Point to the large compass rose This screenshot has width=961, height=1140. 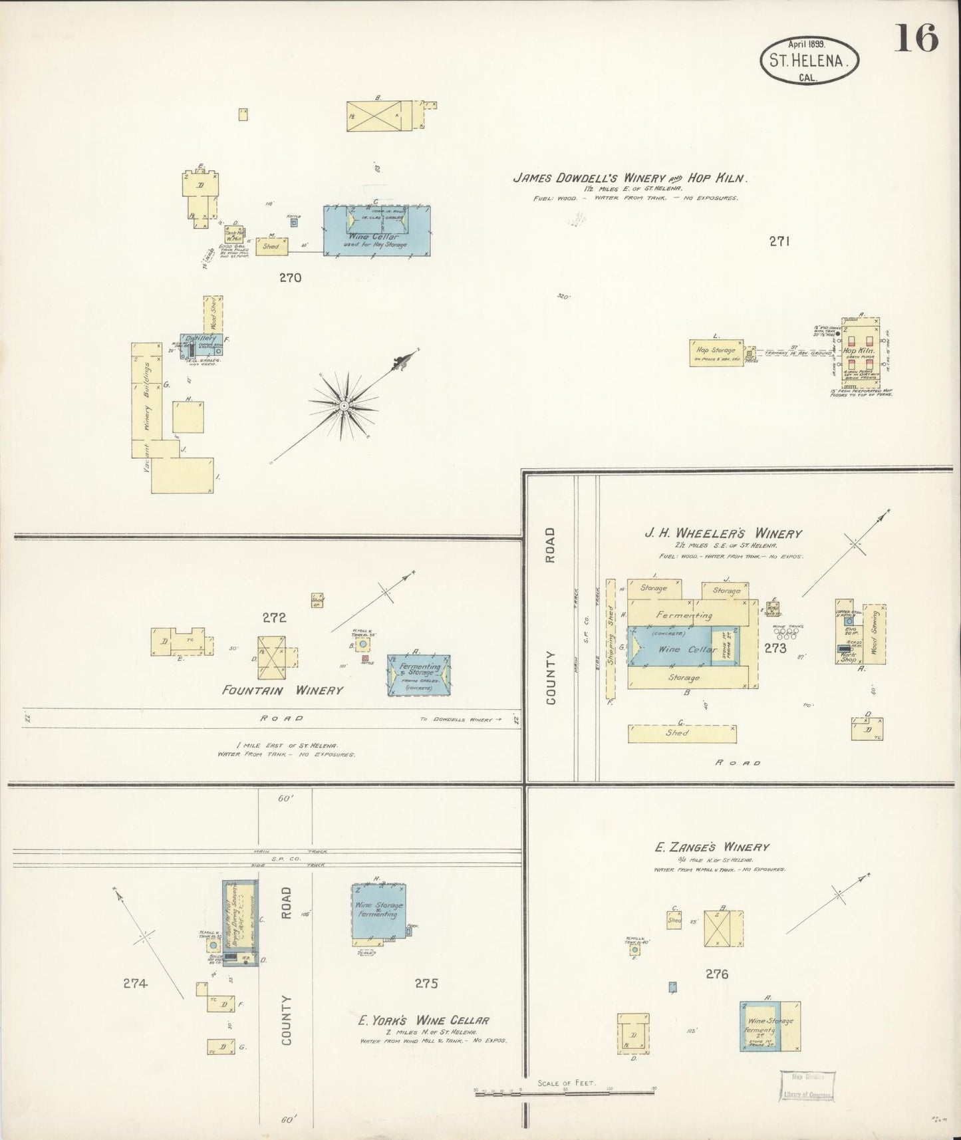[x=344, y=405]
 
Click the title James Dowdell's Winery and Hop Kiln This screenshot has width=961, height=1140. [x=630, y=178]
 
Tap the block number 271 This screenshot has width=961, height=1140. [x=779, y=242]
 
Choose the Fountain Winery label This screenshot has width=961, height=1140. [x=283, y=690]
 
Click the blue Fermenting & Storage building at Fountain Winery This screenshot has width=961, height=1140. [x=420, y=675]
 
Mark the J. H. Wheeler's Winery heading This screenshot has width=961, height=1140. [x=722, y=533]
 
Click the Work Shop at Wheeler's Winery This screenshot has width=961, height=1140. [x=848, y=657]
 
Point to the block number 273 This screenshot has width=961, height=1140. [x=775, y=648]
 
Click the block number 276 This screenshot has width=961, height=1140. [x=717, y=974]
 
